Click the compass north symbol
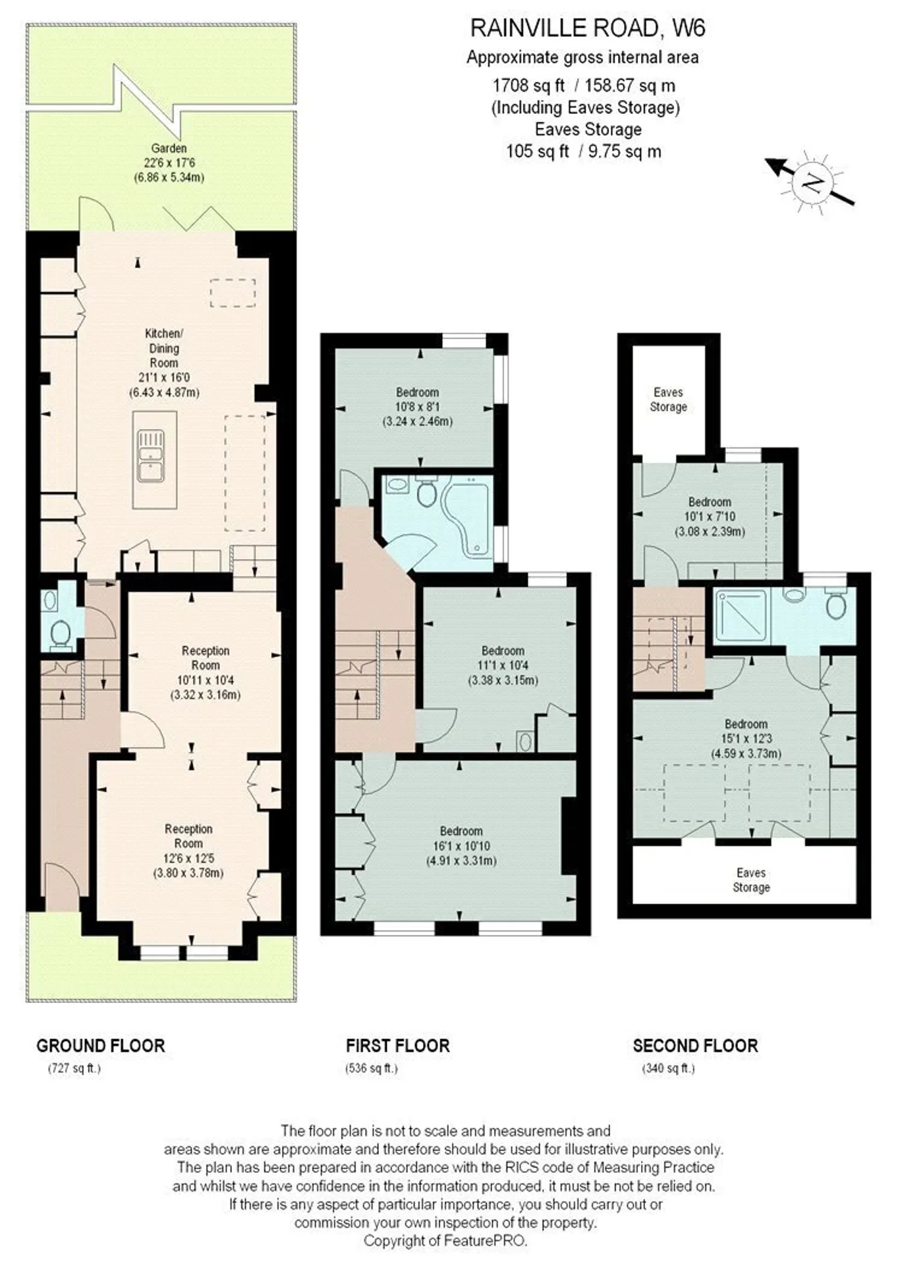point(810,182)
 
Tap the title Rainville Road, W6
point(588,28)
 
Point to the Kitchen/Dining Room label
point(164,362)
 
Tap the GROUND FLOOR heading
point(101,1046)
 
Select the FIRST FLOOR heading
point(398,1046)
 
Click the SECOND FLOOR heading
point(696,1046)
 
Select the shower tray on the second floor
point(741,616)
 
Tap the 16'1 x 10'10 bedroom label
point(461,846)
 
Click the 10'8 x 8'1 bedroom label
point(418,407)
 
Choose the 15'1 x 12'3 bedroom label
point(746,739)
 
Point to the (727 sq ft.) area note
point(74,1069)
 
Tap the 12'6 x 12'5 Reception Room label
point(188,851)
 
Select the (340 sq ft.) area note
point(669,1069)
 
